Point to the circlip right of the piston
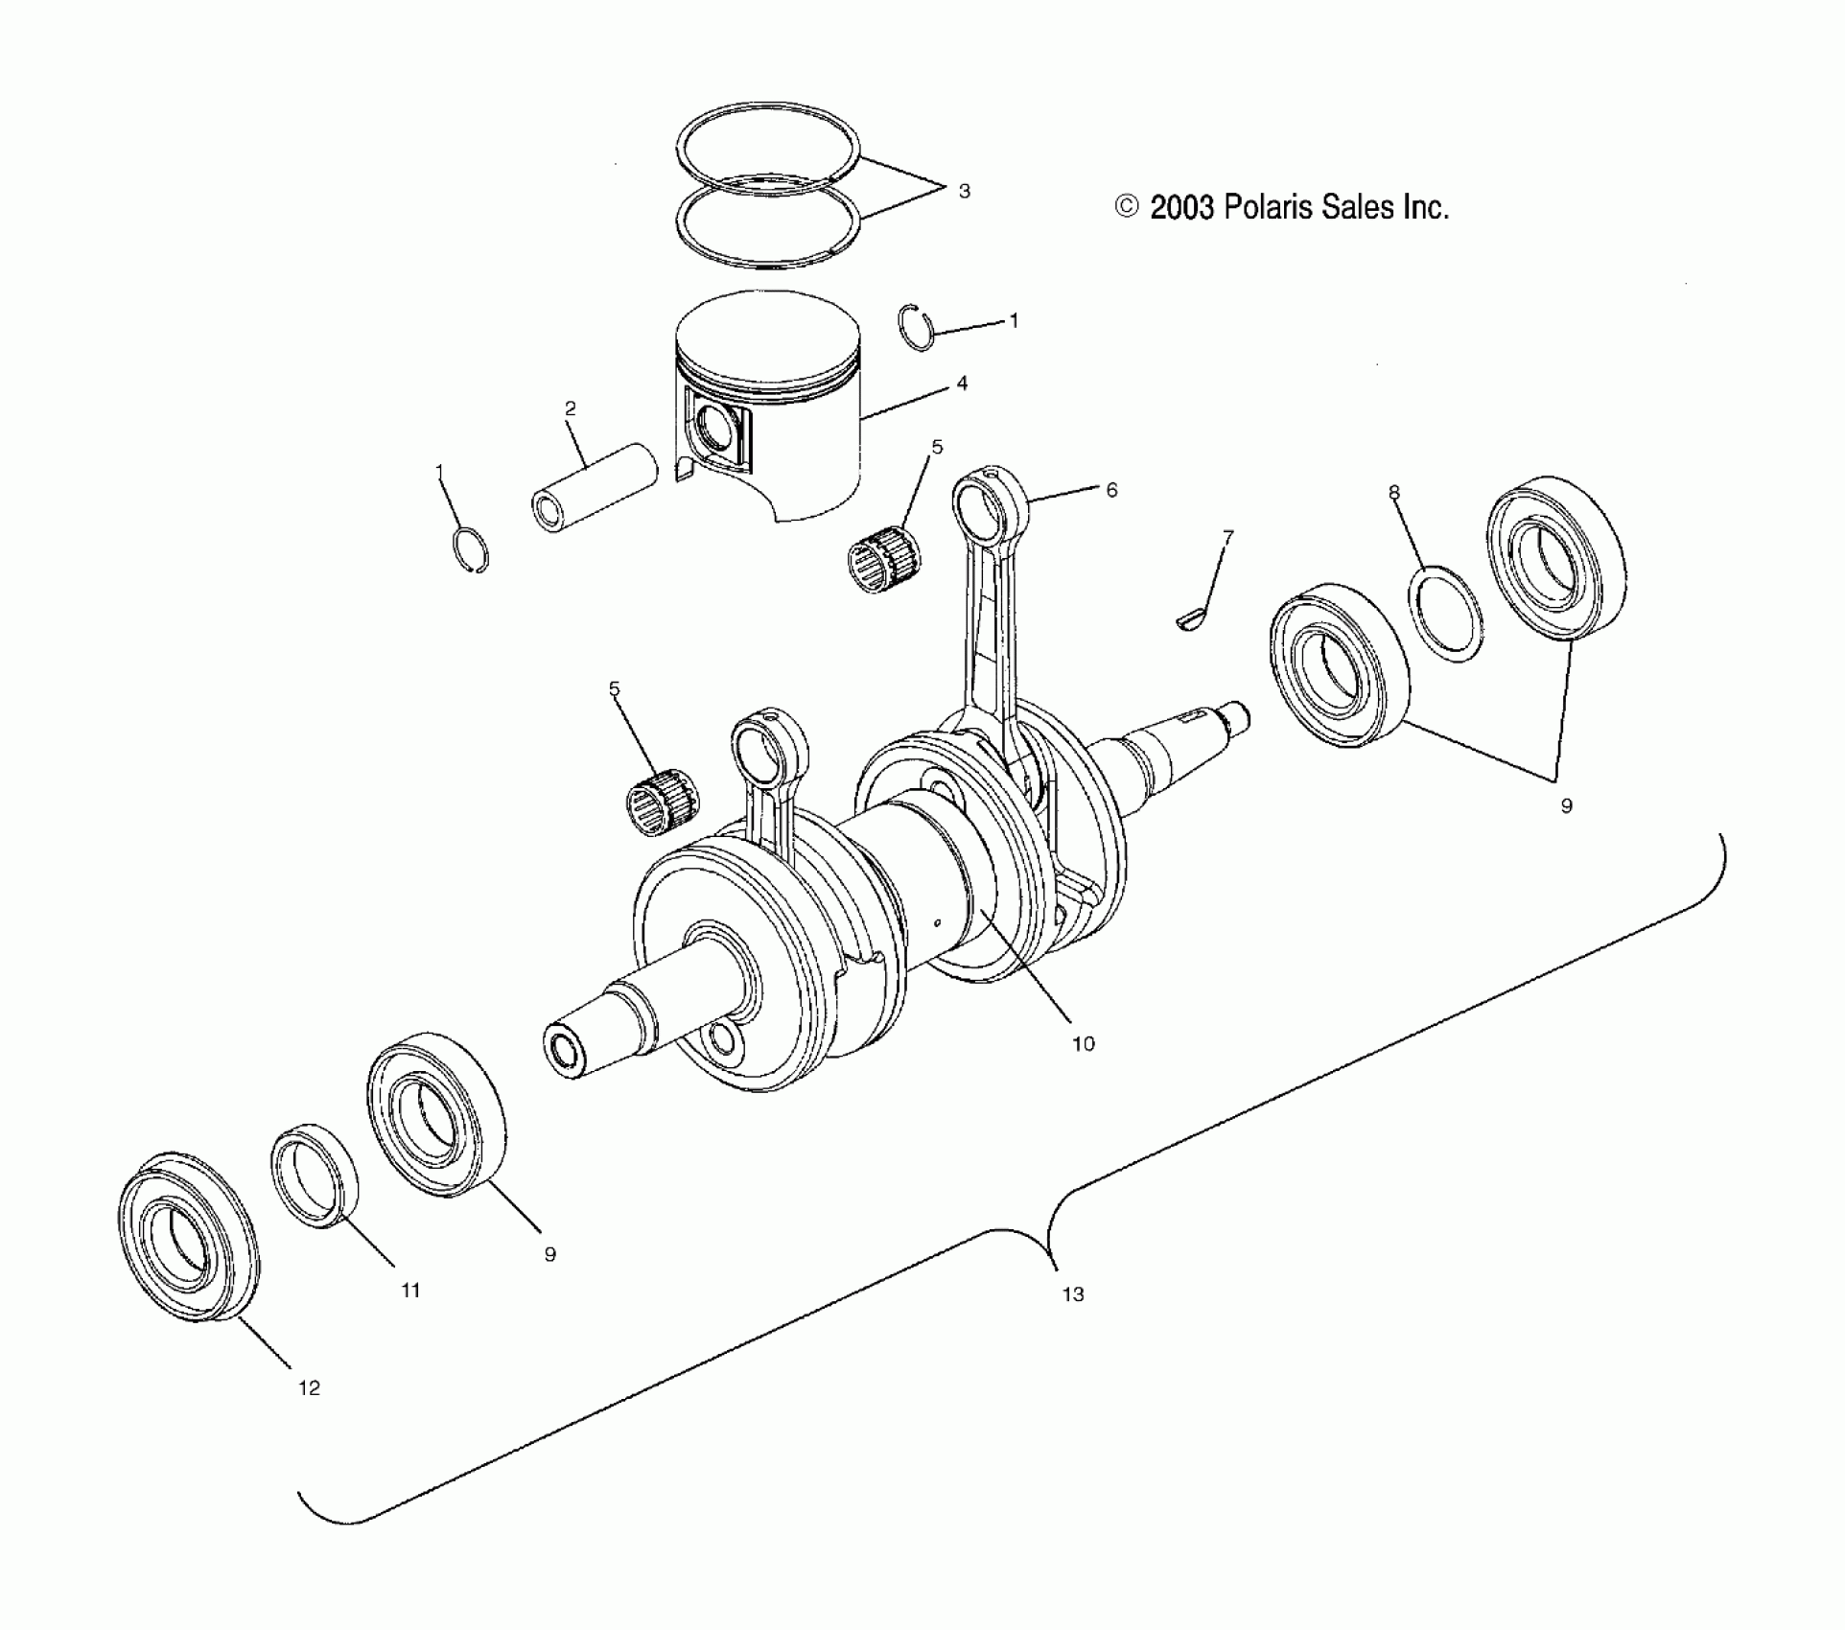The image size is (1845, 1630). [919, 327]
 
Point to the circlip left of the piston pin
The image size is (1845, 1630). [471, 550]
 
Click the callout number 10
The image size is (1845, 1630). [1083, 1044]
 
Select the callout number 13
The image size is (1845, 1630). [1073, 1294]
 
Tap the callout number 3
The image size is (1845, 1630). [964, 191]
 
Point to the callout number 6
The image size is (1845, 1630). [1111, 490]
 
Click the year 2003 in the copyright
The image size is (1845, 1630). [1183, 207]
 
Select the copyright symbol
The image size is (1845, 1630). [1127, 207]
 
